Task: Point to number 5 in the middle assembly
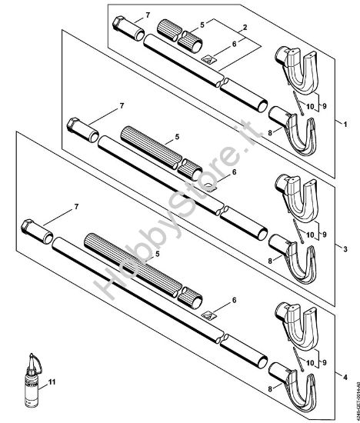coord(177,137)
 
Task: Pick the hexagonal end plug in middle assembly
coord(75,125)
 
